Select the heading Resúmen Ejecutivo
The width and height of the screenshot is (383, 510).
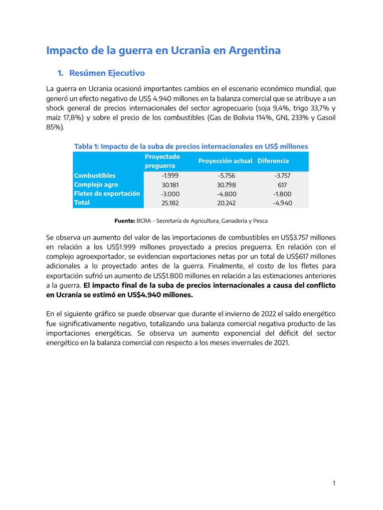point(107,73)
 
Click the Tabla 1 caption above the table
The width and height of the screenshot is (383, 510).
point(191,146)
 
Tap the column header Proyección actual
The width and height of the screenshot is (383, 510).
point(224,161)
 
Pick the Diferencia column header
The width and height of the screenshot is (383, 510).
point(273,161)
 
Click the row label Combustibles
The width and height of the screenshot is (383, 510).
point(95,175)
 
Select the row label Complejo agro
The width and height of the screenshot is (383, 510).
point(96,184)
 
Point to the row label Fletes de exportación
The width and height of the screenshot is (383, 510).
point(107,193)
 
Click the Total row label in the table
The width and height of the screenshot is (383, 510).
point(82,203)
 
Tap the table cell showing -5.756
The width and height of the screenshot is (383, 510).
point(226,176)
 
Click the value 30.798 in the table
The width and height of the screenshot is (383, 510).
point(226,185)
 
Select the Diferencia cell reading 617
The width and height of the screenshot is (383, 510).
point(283,185)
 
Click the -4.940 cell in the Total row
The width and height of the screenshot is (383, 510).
point(283,203)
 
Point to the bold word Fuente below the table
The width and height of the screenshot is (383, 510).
point(125,220)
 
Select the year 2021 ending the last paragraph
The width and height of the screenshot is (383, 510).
point(281,343)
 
